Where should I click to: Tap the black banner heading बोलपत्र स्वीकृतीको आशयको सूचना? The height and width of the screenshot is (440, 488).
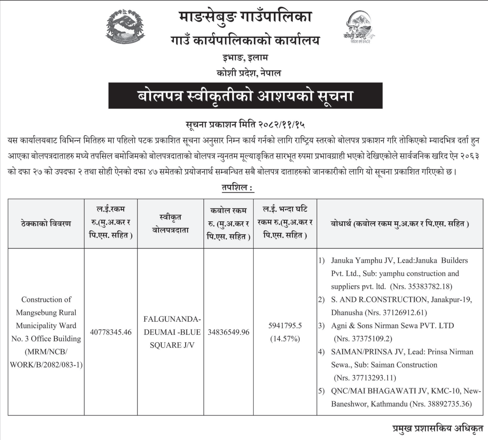(x=245, y=96)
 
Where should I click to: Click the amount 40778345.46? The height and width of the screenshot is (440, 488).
(x=110, y=332)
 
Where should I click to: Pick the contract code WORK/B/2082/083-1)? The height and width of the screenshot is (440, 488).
(x=46, y=364)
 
